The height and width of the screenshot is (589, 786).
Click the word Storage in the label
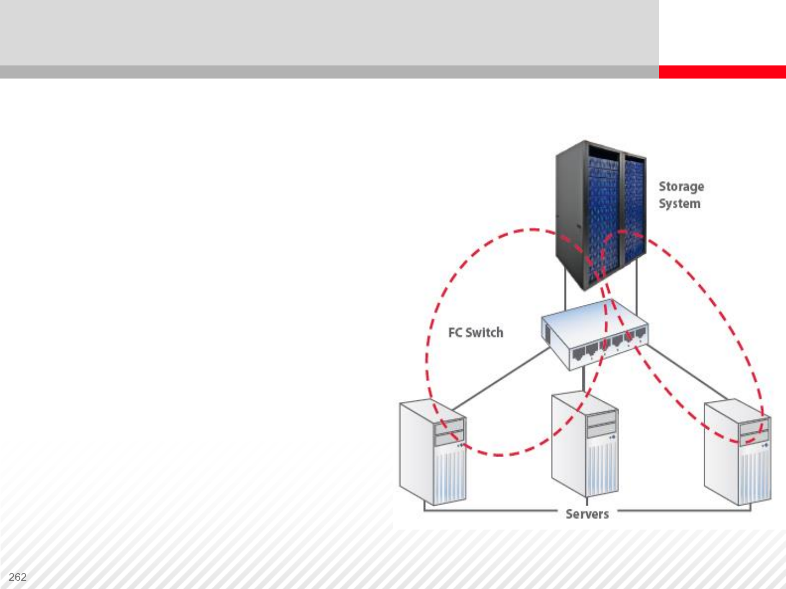point(681,187)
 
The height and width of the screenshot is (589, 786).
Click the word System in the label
point(679,203)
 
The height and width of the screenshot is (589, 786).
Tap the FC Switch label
point(475,333)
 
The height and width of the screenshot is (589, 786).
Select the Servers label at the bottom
point(587,514)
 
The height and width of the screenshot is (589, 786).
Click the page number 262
point(17,577)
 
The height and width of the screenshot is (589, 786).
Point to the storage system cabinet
point(600,213)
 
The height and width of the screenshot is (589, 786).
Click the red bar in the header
point(722,72)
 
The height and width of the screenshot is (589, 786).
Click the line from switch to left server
point(499,380)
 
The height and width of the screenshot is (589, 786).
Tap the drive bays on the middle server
point(601,424)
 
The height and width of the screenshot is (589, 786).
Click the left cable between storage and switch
point(565,294)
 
